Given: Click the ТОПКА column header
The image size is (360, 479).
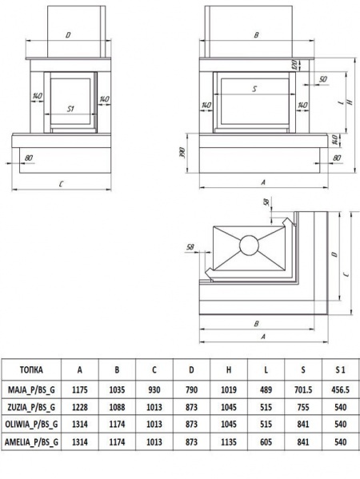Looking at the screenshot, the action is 31,370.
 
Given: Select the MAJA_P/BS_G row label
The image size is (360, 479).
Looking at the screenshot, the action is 31,389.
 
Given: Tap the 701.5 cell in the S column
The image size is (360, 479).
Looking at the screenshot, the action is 303,389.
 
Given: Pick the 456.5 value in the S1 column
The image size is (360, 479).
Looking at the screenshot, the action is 340,389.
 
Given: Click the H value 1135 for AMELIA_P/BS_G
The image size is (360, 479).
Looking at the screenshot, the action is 229,441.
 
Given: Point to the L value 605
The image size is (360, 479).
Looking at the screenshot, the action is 266,441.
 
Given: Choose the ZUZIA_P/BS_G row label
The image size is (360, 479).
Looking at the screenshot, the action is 31,407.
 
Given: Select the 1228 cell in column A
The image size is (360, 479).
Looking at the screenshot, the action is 80,407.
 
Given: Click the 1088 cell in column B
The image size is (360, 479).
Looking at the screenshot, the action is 117,407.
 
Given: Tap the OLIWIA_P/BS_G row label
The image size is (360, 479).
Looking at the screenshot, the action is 31,425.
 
